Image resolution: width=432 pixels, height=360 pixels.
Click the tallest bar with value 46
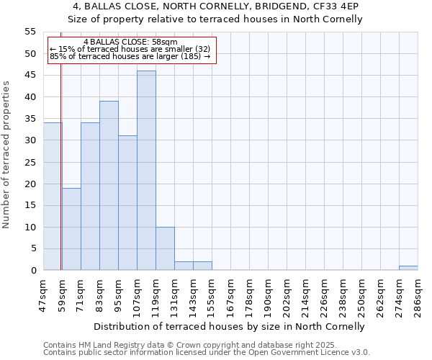tap(146, 171)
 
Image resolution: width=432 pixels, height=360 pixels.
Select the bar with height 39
tap(109, 186)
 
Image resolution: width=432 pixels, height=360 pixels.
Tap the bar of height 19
tap(71, 229)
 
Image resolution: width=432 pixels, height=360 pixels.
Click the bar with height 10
tap(165, 248)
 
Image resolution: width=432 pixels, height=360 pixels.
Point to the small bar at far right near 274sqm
tap(408, 268)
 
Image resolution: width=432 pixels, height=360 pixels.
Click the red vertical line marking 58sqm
tap(60, 180)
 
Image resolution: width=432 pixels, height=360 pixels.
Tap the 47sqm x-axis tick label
tap(44, 293)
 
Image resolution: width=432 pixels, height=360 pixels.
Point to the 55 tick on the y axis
tap(30, 32)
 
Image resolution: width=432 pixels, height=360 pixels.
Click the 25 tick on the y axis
tap(30, 162)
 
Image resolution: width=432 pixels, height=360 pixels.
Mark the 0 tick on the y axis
tap(33, 271)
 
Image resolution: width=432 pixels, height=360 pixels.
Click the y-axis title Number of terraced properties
tap(6, 154)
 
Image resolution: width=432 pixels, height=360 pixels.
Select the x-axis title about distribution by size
tap(229, 326)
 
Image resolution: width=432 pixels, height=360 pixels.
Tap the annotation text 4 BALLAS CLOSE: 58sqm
tap(130, 42)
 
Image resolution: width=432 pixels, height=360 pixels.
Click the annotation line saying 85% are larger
tap(130, 56)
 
